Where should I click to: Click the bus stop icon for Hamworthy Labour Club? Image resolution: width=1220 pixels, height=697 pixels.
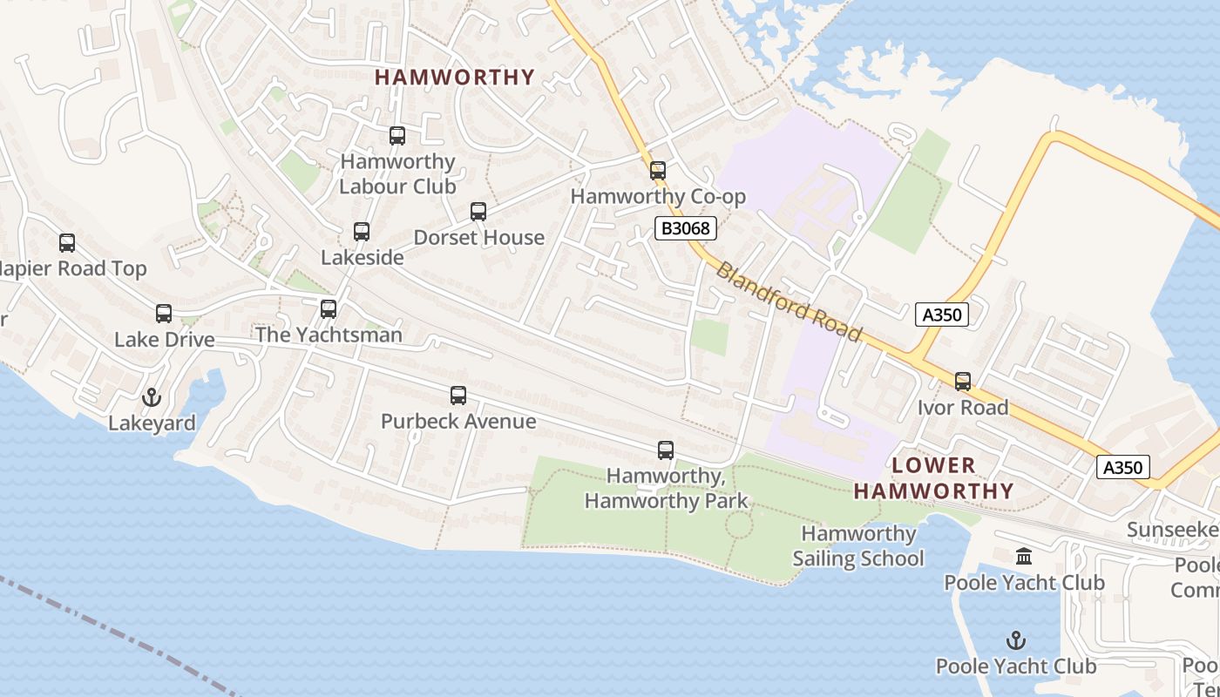point(397,136)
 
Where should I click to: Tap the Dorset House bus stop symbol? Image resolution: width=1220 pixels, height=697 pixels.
point(478,212)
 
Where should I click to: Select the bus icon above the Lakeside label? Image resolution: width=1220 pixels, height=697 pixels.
point(362,232)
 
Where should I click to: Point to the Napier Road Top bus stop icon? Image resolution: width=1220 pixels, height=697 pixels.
point(67,243)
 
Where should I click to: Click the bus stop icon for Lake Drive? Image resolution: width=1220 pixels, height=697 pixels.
point(164,314)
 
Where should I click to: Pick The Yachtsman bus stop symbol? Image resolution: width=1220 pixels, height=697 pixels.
point(329,309)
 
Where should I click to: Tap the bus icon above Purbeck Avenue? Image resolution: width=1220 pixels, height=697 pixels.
point(458,396)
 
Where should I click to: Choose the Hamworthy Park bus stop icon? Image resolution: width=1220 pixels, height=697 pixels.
point(666,450)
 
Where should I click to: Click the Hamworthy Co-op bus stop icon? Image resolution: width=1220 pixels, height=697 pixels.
point(658,171)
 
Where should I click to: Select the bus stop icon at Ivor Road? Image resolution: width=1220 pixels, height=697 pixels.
point(963,382)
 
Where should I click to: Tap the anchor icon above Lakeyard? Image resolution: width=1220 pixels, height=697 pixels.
point(152,398)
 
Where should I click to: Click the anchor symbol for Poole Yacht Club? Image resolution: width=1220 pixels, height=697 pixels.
point(1016,641)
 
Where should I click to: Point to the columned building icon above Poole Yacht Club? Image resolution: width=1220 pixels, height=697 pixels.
point(1024,556)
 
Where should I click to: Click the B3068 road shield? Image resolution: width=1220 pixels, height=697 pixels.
point(686,229)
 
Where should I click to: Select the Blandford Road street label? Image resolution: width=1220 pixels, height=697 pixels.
point(790,302)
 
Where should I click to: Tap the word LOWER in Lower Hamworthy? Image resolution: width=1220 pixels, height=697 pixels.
point(934,465)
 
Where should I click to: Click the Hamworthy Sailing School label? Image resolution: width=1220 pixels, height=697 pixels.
point(858,546)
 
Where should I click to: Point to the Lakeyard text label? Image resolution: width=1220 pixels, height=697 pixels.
point(152,423)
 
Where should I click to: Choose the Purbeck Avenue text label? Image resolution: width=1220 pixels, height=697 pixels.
point(458,422)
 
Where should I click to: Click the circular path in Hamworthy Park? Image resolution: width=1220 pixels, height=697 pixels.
point(739,524)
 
